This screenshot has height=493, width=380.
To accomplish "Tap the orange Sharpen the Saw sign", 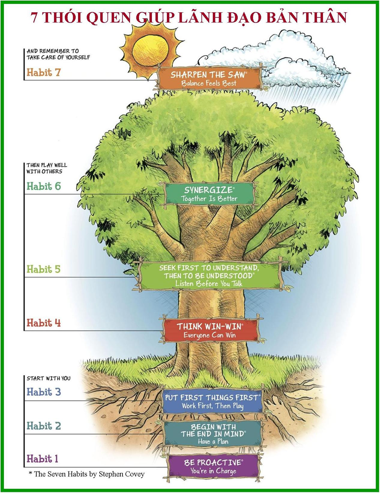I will tap(209, 78).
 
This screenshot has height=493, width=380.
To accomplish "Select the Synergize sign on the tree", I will tap(209, 194).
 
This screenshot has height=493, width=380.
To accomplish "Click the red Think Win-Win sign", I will tap(210, 330).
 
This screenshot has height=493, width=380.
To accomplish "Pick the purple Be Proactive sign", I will tap(213, 466).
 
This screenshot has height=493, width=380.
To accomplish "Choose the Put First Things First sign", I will tap(213, 401).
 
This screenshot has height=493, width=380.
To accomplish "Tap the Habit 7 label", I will tap(43, 72).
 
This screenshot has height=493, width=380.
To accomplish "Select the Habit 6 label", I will tap(43, 186).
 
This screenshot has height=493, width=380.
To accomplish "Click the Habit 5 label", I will tap(43, 269).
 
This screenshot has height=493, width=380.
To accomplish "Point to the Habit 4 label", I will tap(43, 323).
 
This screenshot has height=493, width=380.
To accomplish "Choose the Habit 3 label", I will tap(43, 392).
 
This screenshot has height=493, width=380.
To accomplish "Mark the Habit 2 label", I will tap(43, 426).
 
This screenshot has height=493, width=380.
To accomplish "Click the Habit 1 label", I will tap(42, 459).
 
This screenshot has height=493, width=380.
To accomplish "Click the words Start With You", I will tap(48, 378).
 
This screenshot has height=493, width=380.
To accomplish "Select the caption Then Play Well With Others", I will tap(47, 168).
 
